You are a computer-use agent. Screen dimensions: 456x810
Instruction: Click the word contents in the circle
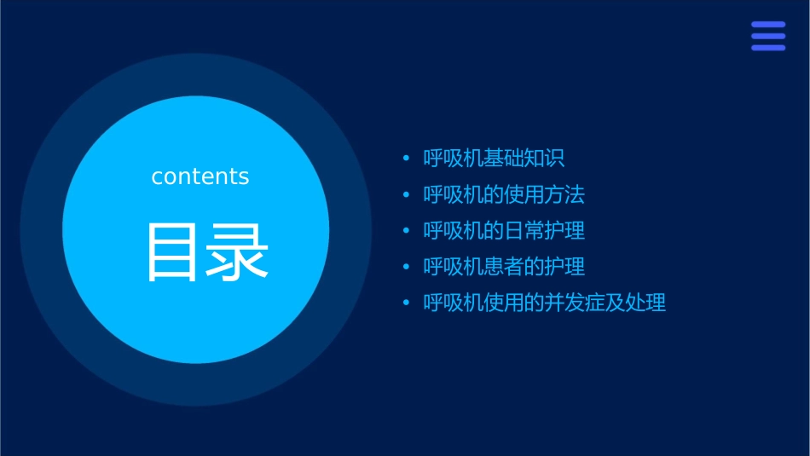click(x=200, y=176)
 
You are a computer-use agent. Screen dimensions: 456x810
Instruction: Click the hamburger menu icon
click(x=768, y=36)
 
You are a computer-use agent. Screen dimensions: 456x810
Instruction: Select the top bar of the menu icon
click(x=768, y=25)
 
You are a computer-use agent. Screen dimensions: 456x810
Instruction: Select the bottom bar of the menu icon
click(x=768, y=48)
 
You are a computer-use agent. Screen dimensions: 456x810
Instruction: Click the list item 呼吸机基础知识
click(x=495, y=159)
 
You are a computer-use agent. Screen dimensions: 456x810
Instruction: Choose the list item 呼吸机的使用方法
click(x=504, y=194)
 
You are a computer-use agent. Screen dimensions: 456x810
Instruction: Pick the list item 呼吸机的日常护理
click(x=504, y=230)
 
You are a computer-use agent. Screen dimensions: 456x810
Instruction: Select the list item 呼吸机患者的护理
click(x=504, y=266)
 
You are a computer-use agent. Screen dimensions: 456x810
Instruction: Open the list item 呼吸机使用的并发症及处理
click(x=545, y=303)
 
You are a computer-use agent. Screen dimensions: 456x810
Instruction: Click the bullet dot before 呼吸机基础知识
click(x=406, y=159)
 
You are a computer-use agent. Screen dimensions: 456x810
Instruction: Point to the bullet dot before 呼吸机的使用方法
click(x=406, y=195)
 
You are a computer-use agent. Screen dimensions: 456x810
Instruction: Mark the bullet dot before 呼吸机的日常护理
click(x=406, y=231)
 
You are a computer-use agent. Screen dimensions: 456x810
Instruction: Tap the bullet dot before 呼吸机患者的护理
click(x=406, y=267)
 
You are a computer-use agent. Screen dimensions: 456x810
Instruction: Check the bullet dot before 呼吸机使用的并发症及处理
click(x=406, y=303)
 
